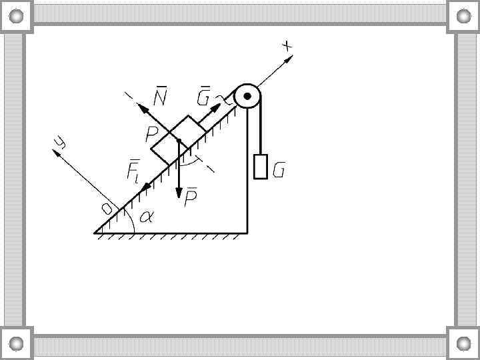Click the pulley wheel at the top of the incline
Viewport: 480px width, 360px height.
[x=247, y=97]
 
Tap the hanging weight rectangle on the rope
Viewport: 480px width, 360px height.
[x=261, y=167]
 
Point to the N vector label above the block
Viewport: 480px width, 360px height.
[x=160, y=98]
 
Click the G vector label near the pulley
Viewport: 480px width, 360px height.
[x=204, y=97]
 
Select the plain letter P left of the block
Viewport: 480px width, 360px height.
[x=152, y=135]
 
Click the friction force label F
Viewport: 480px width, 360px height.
[x=133, y=171]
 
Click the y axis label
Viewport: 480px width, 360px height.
[x=62, y=142]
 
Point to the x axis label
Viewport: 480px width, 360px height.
[x=287, y=46]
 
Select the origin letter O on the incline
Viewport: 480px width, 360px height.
[x=107, y=209]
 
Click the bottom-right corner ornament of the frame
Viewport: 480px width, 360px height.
[x=463, y=344]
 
